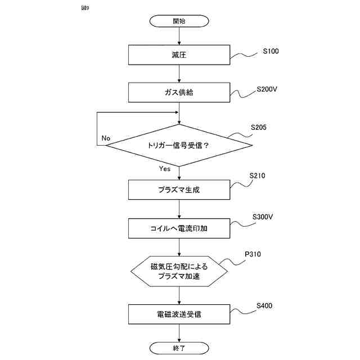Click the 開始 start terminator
coord(179,21)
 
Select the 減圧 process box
coord(179,55)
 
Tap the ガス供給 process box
coord(179,92)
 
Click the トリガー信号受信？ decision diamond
coord(179,145)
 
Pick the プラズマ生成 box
coord(179,190)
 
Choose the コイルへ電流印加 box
coord(179,229)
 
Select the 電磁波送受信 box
coord(179,314)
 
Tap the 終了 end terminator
coord(179,348)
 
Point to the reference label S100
coord(271,52)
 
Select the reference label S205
coord(259,127)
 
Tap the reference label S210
coord(257,175)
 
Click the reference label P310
coord(253,254)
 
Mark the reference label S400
coord(264,306)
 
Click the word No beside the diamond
coord(106,138)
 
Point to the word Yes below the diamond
coord(164,169)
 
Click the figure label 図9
coord(85,8)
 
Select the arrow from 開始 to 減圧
coord(179,35)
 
